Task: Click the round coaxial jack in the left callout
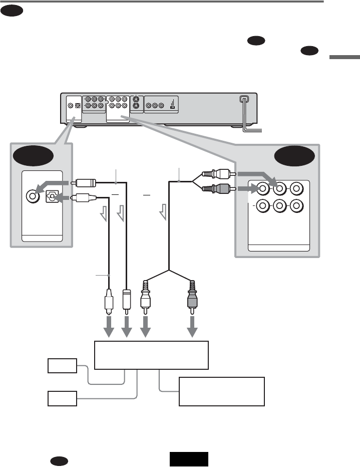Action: pos(33,195)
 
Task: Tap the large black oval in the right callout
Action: pos(295,156)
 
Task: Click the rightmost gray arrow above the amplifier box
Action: pos(192,330)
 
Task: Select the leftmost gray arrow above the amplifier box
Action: pos(109,330)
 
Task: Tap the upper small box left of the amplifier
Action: pos(63,366)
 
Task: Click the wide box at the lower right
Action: pos(221,392)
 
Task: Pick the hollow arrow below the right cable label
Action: pos(164,215)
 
